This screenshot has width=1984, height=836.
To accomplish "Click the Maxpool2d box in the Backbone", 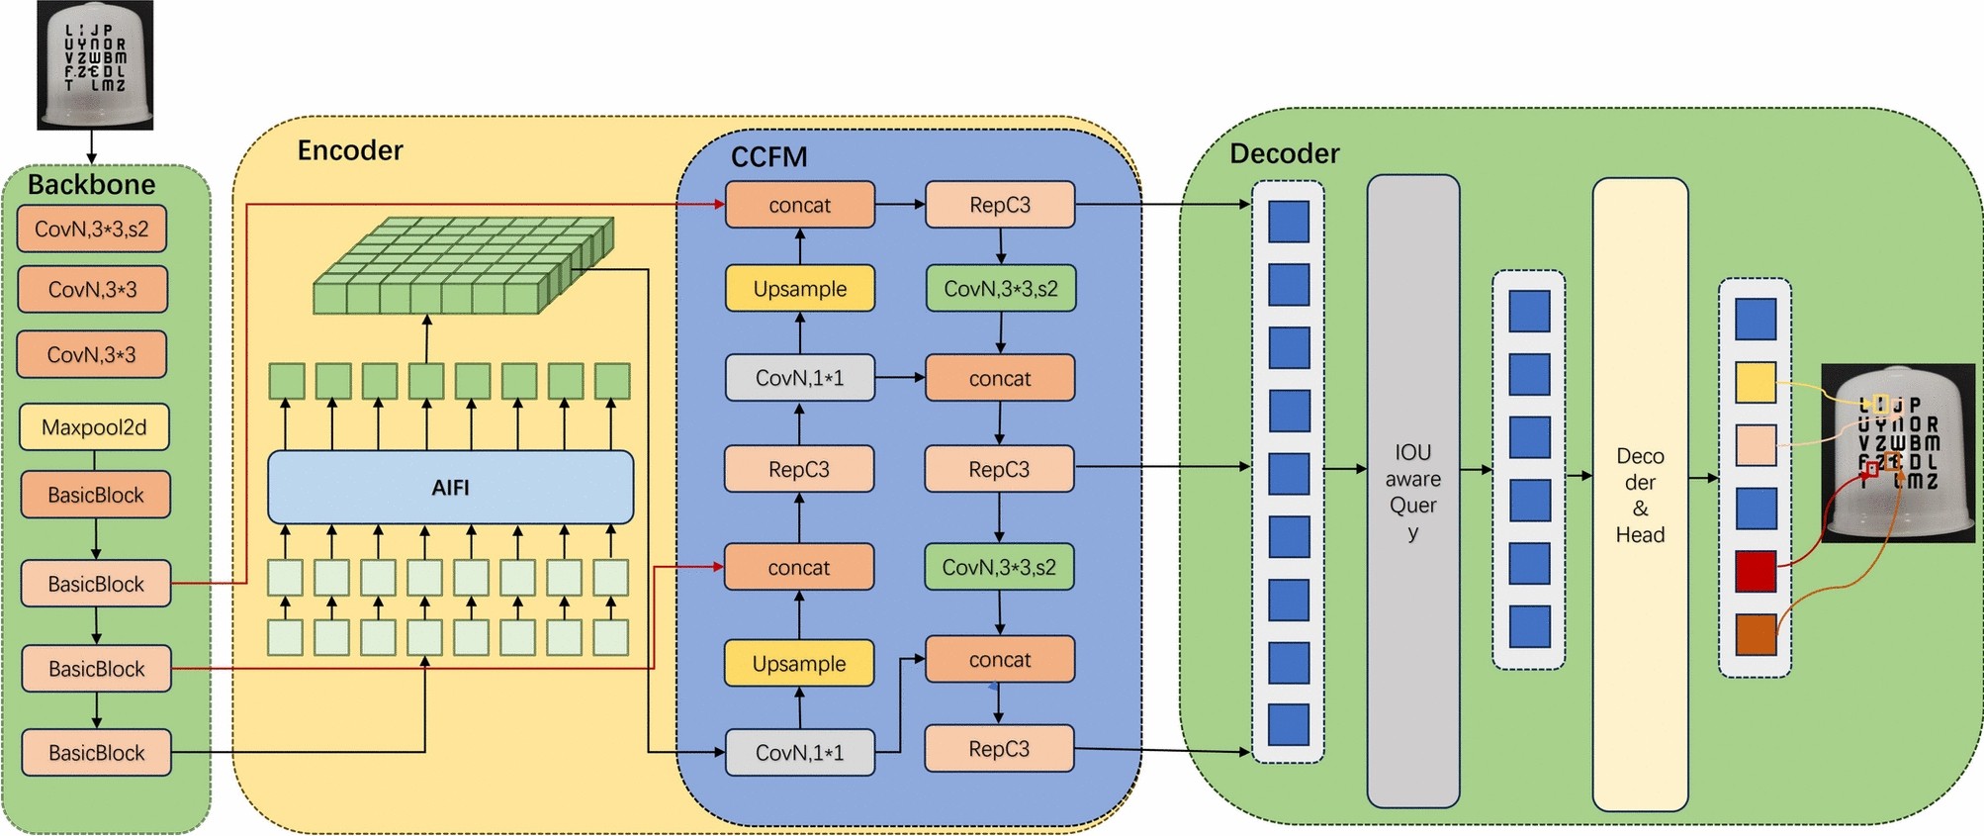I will click(94, 427).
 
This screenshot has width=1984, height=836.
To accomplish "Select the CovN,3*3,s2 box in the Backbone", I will click(92, 229).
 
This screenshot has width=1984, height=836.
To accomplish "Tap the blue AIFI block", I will click(450, 487).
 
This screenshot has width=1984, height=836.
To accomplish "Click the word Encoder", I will click(350, 150).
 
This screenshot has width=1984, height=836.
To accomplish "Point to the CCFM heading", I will click(768, 156).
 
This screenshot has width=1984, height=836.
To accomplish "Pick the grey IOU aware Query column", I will click(1412, 492).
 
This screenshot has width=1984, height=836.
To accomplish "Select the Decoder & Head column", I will click(1639, 495).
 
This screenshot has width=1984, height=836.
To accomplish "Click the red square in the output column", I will click(1755, 572).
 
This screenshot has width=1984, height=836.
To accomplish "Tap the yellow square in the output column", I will click(1755, 382).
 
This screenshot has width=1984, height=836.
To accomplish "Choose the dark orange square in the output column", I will click(1755, 634).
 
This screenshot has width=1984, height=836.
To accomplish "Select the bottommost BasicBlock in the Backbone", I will click(96, 753).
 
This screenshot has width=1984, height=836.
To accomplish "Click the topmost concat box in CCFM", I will click(799, 205).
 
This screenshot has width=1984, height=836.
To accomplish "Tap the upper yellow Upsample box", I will click(799, 289).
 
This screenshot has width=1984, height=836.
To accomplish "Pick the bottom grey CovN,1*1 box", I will click(799, 753).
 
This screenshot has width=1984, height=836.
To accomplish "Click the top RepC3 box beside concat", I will click(999, 205).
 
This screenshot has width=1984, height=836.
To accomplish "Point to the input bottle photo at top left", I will click(95, 65).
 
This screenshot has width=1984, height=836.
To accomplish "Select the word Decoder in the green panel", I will click(1284, 153).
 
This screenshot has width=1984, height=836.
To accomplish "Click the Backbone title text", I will click(91, 185).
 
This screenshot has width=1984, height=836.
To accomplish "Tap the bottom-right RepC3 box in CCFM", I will click(999, 749).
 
